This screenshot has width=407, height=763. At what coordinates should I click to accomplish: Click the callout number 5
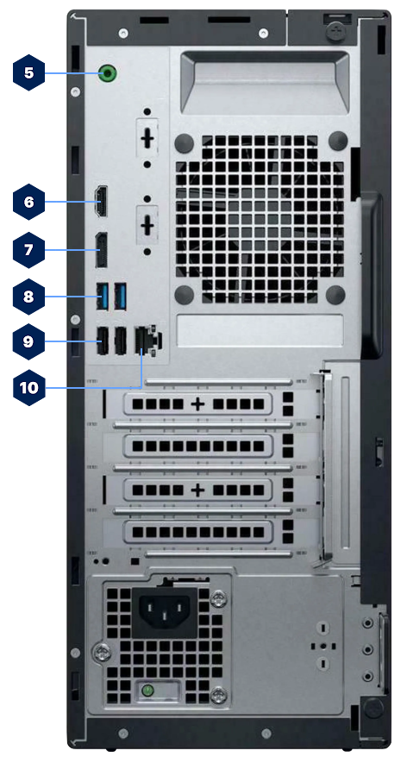[28, 72]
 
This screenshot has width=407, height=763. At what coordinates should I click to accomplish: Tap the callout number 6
[28, 203]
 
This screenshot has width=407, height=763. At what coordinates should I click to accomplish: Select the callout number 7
[28, 250]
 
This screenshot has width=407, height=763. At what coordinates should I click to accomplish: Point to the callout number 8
[28, 297]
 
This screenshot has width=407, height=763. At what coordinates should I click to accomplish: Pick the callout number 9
[28, 341]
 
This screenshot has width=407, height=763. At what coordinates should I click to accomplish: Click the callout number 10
[29, 388]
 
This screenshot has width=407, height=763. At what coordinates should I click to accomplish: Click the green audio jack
[107, 73]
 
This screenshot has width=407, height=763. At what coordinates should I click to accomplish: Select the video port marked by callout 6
[101, 202]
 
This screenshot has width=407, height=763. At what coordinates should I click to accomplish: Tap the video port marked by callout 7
[101, 250]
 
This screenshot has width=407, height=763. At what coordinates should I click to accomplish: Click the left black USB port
[102, 341]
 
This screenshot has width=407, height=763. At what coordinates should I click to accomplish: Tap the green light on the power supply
[147, 690]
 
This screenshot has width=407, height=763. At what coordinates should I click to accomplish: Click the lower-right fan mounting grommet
[338, 295]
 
